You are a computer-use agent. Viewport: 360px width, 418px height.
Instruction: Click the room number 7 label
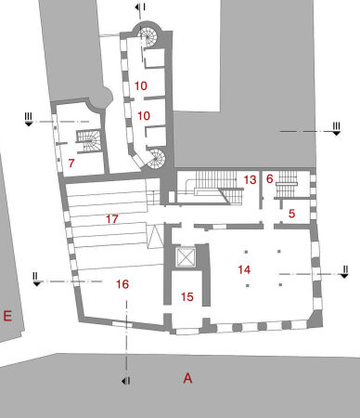[x=71, y=163]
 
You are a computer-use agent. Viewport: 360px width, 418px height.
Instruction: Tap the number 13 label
[x=250, y=179]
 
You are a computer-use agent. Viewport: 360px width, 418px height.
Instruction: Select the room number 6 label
[x=269, y=179]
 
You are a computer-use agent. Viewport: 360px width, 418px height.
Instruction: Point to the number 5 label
[x=291, y=214]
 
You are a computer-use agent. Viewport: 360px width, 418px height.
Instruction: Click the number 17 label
[x=112, y=220]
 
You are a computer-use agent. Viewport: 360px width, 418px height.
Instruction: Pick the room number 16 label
[x=122, y=284]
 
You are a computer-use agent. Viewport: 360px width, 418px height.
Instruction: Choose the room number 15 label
[x=187, y=297]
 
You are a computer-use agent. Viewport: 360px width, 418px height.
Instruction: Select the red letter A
[x=187, y=378]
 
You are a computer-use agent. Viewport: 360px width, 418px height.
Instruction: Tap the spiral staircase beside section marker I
[x=148, y=38]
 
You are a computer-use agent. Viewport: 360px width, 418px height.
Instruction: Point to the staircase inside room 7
[x=87, y=141]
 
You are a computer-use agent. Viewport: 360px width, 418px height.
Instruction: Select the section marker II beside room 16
[x=35, y=278]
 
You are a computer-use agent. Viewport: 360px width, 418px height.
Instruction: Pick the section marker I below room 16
[x=126, y=381]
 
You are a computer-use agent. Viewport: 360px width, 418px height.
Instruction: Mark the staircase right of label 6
[x=288, y=179]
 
